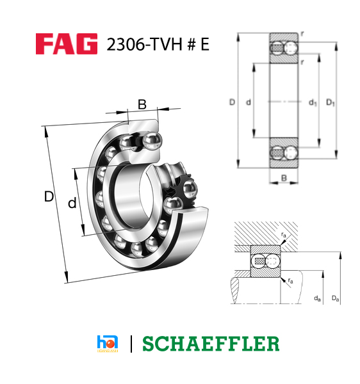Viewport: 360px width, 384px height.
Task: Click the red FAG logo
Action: click(x=66, y=44)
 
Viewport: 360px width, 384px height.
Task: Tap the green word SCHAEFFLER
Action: click(x=211, y=344)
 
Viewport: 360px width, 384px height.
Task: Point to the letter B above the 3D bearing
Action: click(x=142, y=104)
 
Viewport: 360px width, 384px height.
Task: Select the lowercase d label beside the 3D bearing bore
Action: click(x=72, y=204)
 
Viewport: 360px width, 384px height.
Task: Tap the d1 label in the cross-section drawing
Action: click(x=313, y=102)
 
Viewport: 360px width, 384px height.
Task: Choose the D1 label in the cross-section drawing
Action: click(x=331, y=102)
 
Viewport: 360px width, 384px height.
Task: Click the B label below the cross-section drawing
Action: click(x=283, y=178)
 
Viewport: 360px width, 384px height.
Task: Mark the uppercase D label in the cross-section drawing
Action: click(x=231, y=102)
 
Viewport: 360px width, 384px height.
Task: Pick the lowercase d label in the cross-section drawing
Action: click(x=248, y=102)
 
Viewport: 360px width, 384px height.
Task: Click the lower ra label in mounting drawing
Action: click(x=291, y=280)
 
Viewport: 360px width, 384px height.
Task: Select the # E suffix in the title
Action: click(x=196, y=45)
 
